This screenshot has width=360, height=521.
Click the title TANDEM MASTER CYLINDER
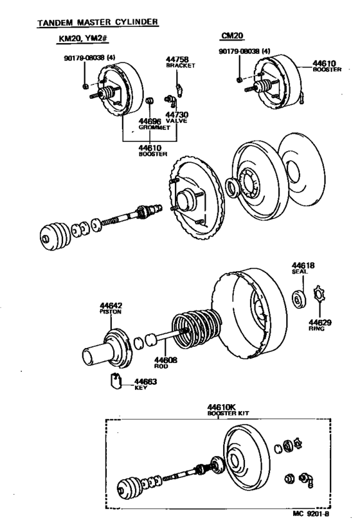(x=97, y=22)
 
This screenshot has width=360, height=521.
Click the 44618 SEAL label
(x=301, y=267)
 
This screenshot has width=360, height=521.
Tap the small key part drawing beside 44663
(x=116, y=382)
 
